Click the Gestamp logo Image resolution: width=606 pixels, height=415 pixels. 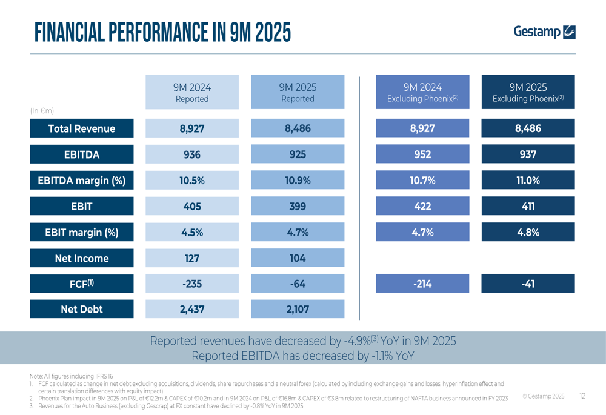pyautogui.click(x=544, y=32)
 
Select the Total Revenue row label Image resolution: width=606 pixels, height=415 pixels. pyautogui.click(x=82, y=128)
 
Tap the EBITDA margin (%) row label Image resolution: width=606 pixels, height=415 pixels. pyautogui.click(x=82, y=180)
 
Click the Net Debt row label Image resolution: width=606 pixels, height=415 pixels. pyautogui.click(x=82, y=309)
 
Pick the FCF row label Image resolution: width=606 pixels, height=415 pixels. pyautogui.click(x=82, y=284)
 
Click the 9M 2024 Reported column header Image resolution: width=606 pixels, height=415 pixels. pyautogui.click(x=192, y=93)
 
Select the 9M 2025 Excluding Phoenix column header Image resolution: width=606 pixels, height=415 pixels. pyautogui.click(x=528, y=93)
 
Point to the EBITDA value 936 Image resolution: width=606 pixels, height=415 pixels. pyautogui.click(x=192, y=154)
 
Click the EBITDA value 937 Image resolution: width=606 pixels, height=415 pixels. pyautogui.click(x=528, y=154)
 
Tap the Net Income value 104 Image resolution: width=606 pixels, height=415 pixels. pyautogui.click(x=298, y=258)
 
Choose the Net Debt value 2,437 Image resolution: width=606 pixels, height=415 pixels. pyautogui.click(x=192, y=309)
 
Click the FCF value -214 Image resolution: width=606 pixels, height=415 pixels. pyautogui.click(x=422, y=284)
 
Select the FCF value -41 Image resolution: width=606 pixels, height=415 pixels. pyautogui.click(x=528, y=284)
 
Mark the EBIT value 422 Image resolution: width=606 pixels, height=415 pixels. pyautogui.click(x=422, y=206)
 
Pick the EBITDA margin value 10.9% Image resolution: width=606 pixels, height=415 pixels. pyautogui.click(x=298, y=180)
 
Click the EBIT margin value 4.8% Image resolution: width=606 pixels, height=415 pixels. pyautogui.click(x=528, y=232)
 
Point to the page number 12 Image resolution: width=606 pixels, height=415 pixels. pyautogui.click(x=582, y=396)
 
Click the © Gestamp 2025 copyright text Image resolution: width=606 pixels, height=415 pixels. pyautogui.click(x=543, y=396)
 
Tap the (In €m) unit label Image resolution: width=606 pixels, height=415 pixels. pyautogui.click(x=42, y=111)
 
